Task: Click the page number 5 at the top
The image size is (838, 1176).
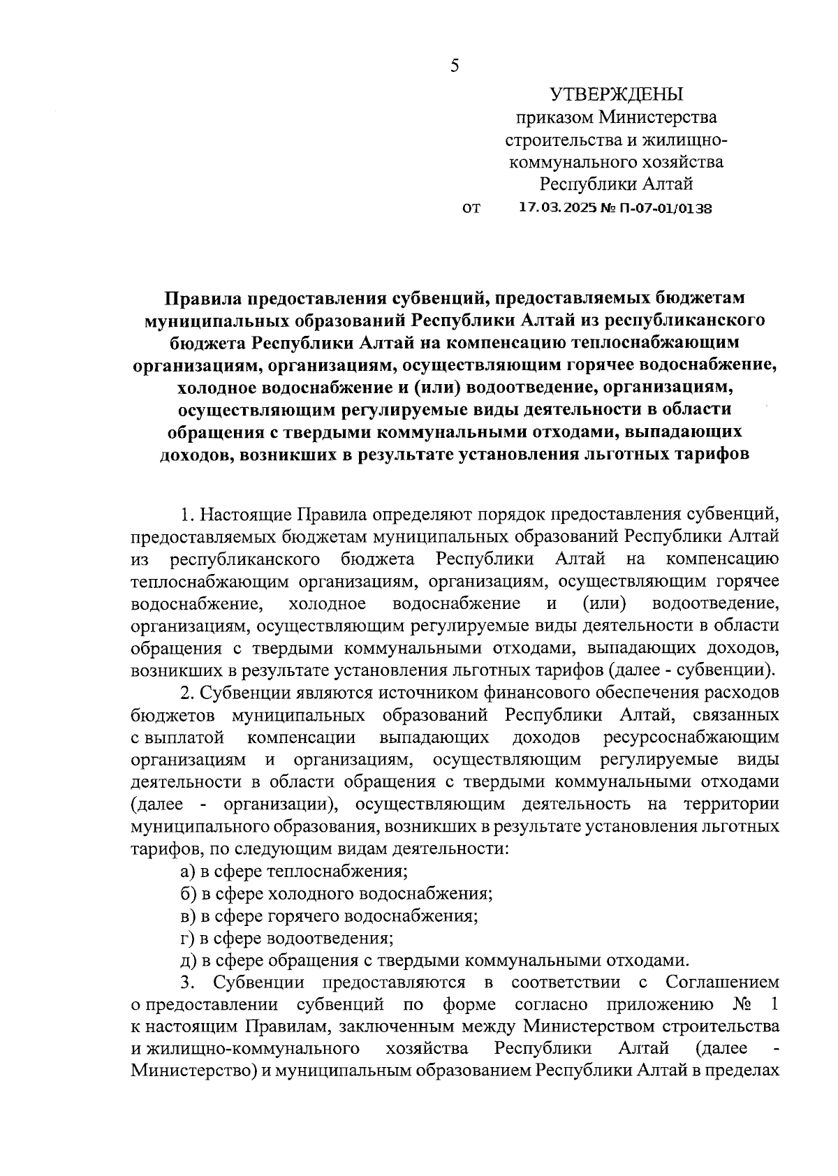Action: click(x=455, y=66)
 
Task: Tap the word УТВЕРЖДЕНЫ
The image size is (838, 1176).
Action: click(x=617, y=94)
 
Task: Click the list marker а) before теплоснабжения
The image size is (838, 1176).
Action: click(x=188, y=872)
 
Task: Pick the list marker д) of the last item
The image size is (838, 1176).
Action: click(x=188, y=961)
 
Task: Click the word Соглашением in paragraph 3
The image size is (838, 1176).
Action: click(x=722, y=983)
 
